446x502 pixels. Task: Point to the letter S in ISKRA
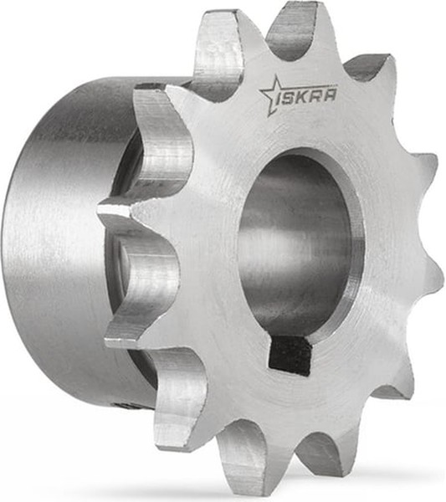point(290,99)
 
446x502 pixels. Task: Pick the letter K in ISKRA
point(304,97)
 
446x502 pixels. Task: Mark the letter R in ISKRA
point(316,96)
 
